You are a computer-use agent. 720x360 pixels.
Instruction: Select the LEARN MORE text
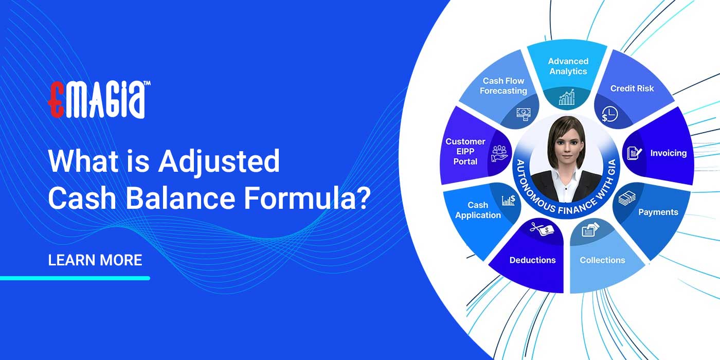coord(95,260)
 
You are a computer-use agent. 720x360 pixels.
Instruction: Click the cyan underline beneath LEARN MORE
coord(75,278)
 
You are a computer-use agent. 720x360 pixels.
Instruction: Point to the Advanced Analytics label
coord(568,66)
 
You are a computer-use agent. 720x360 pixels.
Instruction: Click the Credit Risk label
coord(632,88)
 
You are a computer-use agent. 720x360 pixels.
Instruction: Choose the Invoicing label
coord(668,153)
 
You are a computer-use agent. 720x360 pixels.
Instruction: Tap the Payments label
coord(658,212)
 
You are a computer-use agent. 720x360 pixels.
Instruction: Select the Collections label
coord(602,260)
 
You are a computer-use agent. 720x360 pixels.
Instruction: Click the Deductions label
coord(532,260)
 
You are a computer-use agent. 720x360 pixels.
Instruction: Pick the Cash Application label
coord(478,210)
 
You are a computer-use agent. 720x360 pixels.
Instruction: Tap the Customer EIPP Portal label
coord(465,151)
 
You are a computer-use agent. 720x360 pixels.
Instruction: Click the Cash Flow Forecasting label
coord(503,86)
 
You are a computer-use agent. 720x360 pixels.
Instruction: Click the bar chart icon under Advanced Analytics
coord(567,97)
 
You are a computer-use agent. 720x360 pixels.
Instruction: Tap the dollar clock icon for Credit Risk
coord(610,114)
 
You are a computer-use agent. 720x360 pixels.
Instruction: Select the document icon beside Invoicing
coord(634,152)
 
